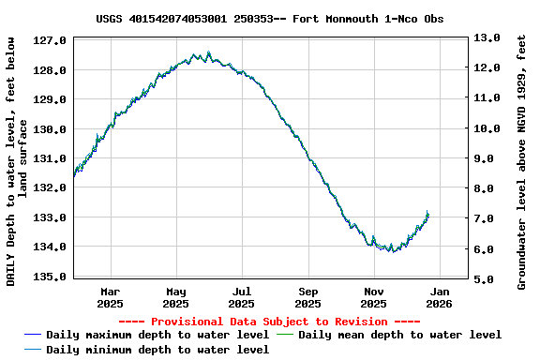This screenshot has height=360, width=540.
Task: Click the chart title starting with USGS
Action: point(270,19)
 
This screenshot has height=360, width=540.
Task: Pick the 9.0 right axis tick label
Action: point(486,159)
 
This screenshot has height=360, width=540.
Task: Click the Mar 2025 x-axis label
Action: point(110,298)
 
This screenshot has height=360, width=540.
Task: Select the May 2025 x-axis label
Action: point(175,298)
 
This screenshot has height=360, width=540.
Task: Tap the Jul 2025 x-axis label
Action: point(241,298)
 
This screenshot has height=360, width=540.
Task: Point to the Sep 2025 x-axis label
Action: point(307,298)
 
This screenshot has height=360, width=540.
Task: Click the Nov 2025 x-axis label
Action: point(373,298)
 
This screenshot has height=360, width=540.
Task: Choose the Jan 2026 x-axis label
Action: point(439,298)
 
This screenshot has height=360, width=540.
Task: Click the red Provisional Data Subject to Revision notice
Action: point(270,322)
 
